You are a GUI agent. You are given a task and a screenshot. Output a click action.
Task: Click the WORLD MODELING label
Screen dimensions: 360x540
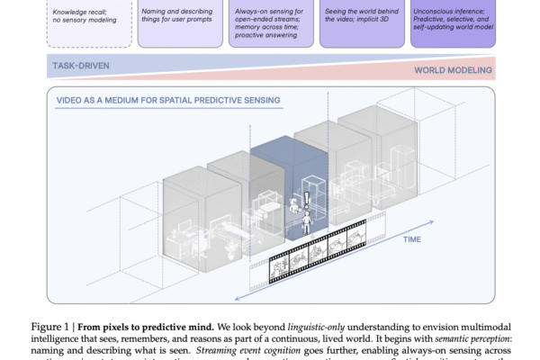click(x=453, y=70)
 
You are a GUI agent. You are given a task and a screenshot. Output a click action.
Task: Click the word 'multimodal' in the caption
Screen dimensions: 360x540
click(x=468, y=325)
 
